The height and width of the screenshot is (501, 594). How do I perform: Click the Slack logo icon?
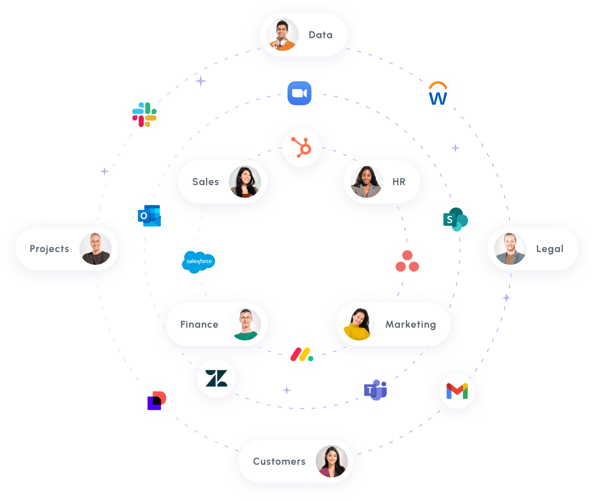tap(144, 115)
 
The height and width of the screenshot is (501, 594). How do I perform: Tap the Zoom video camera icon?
tap(299, 93)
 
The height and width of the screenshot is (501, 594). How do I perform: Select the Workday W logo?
tap(438, 93)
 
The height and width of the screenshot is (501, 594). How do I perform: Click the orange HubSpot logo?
tap(302, 148)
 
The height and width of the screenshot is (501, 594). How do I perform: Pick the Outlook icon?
tap(149, 216)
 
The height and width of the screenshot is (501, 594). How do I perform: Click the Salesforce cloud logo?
tap(199, 262)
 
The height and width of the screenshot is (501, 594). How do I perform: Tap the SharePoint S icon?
tap(455, 219)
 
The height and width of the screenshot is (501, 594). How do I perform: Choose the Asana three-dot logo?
tap(407, 261)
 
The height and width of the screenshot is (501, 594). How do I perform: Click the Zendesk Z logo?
tap(216, 378)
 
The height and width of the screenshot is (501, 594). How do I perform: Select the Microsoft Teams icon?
tap(375, 390)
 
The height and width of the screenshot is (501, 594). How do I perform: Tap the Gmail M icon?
tap(457, 391)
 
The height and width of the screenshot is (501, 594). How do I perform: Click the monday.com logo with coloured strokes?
tap(302, 354)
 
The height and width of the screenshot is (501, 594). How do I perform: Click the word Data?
tap(321, 35)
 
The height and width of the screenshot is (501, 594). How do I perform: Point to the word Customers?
tap(279, 461)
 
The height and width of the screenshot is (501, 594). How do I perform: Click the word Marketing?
tap(410, 325)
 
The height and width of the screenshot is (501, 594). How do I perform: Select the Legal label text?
tap(550, 249)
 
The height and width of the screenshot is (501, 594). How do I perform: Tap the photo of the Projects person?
tap(95, 249)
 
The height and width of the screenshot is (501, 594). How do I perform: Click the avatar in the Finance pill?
tap(245, 324)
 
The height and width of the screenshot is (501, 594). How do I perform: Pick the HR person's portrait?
tap(366, 182)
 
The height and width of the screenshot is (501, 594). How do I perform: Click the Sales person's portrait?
tap(245, 182)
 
